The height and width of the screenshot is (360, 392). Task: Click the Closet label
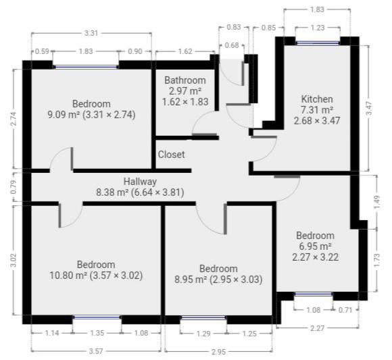tap(171, 155)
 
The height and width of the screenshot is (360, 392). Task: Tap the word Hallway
tap(140, 182)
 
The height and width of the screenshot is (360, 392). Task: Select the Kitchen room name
tap(317, 99)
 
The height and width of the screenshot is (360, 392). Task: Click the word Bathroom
tap(185, 80)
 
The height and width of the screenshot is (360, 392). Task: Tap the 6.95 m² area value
tap(314, 247)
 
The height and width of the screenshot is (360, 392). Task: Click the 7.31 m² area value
tap(317, 110)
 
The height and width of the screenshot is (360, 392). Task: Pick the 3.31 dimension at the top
tap(92, 32)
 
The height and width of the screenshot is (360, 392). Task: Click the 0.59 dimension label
tap(41, 51)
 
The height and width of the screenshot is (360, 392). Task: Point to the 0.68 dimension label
tap(232, 45)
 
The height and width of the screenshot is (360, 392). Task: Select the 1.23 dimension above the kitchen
tap(318, 28)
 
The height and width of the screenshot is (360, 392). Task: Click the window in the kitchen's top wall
tap(317, 43)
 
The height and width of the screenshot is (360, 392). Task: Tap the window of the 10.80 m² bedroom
tap(96, 317)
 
